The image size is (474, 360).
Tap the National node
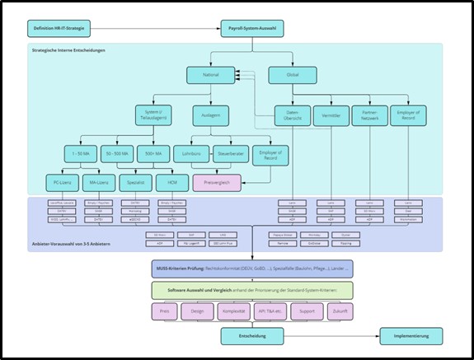pyautogui.click(x=210, y=75)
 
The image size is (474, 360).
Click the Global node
pyautogui.click(x=293, y=75)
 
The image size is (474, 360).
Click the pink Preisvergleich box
pyautogui.click(x=216, y=182)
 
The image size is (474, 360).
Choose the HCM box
pyautogui.click(x=171, y=182)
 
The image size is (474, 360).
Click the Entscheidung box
pyautogui.click(x=251, y=336)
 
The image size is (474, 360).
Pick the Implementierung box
pyautogui.click(x=415, y=336)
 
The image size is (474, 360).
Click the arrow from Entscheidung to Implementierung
pyautogui.click(x=330, y=336)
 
